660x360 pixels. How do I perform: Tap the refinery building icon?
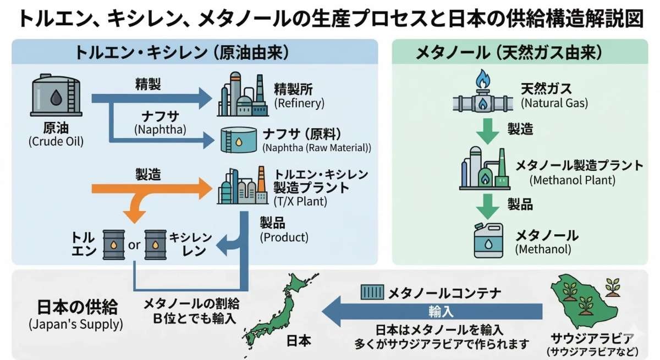click(241, 94)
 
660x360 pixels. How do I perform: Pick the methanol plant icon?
click(483, 168)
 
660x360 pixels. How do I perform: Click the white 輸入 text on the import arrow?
click(441, 312)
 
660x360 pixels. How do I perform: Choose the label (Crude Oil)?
click(56, 142)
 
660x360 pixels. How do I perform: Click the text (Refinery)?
click(299, 103)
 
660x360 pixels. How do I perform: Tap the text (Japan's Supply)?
click(75, 324)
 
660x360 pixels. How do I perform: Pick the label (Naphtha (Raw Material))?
click(316, 148)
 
